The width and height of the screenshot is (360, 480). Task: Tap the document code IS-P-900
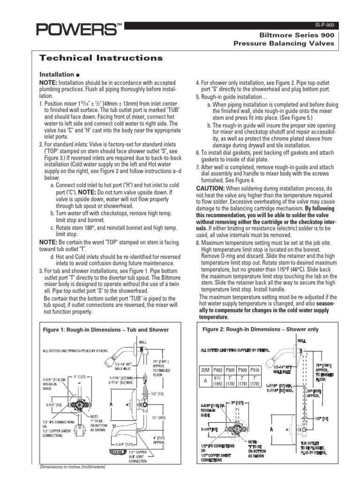(x=324, y=25)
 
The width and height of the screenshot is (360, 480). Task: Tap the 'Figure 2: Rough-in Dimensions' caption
(x=260, y=330)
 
